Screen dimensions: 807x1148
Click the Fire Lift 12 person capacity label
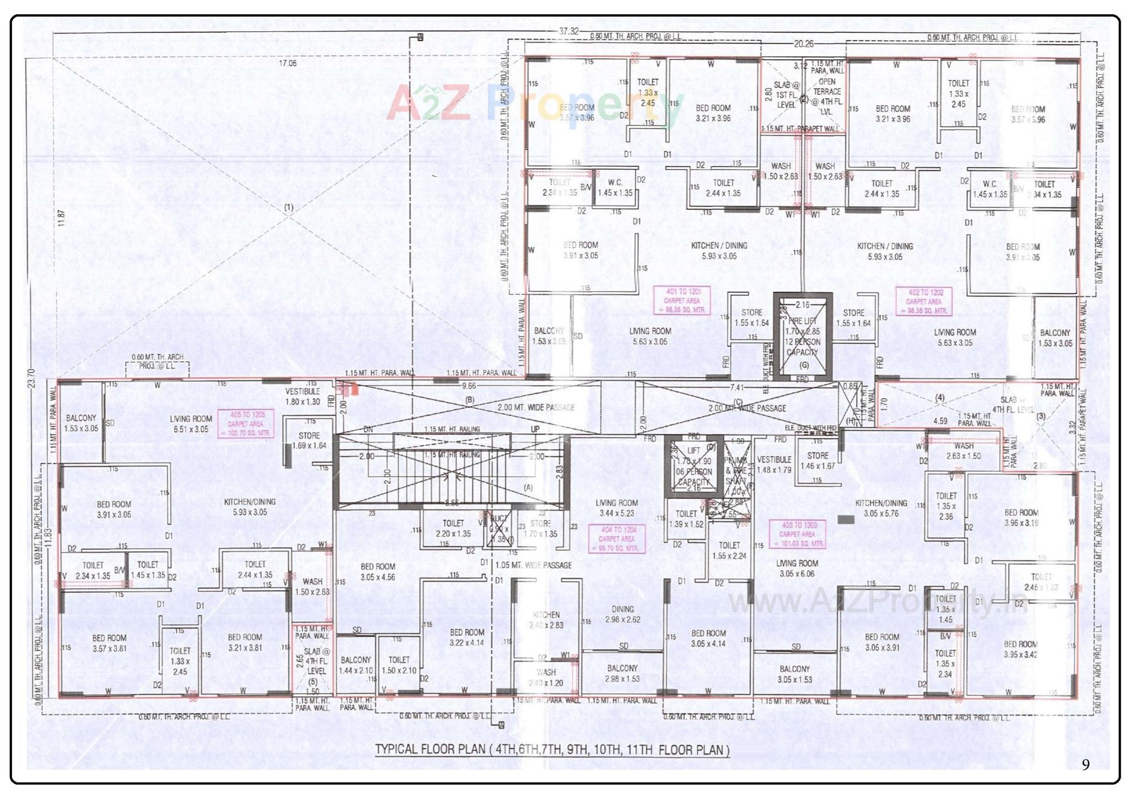pos(802,337)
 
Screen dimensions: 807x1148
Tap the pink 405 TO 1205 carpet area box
pos(245,424)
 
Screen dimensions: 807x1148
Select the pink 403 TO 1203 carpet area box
pos(798,534)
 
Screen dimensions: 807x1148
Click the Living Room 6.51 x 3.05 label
pos(190,424)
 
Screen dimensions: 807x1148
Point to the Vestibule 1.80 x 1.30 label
pos(303,396)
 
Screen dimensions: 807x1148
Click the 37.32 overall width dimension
pos(569,31)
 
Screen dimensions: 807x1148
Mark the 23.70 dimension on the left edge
pos(31,378)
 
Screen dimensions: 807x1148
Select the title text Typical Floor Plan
pos(552,750)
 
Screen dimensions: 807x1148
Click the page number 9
pos(1085,765)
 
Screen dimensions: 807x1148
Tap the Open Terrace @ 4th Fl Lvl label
pos(826,97)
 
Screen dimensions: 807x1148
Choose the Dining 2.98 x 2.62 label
pos(622,614)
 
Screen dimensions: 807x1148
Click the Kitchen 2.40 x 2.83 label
pos(546,620)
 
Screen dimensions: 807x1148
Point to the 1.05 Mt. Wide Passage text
pos(533,565)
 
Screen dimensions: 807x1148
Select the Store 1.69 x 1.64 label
pos(309,441)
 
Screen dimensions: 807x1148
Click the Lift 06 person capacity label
pos(694,466)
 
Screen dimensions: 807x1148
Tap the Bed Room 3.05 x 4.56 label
pos(378,571)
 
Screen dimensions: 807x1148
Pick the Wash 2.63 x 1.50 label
pos(963,451)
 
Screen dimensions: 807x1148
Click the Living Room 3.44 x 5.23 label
pos(616,508)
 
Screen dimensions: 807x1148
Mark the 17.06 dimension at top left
pos(287,63)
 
